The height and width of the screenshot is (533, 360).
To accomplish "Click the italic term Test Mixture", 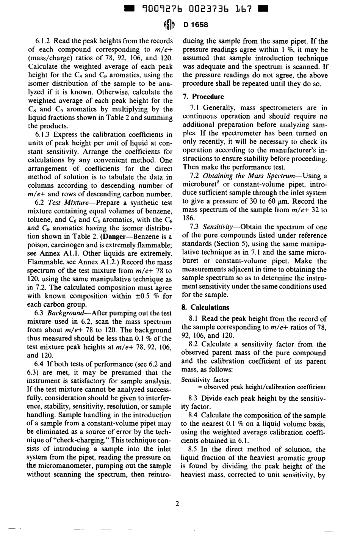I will point(70,202).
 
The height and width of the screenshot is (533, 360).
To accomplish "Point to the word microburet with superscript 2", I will point(198,185).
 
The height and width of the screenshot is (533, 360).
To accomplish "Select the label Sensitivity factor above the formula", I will point(205,379).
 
